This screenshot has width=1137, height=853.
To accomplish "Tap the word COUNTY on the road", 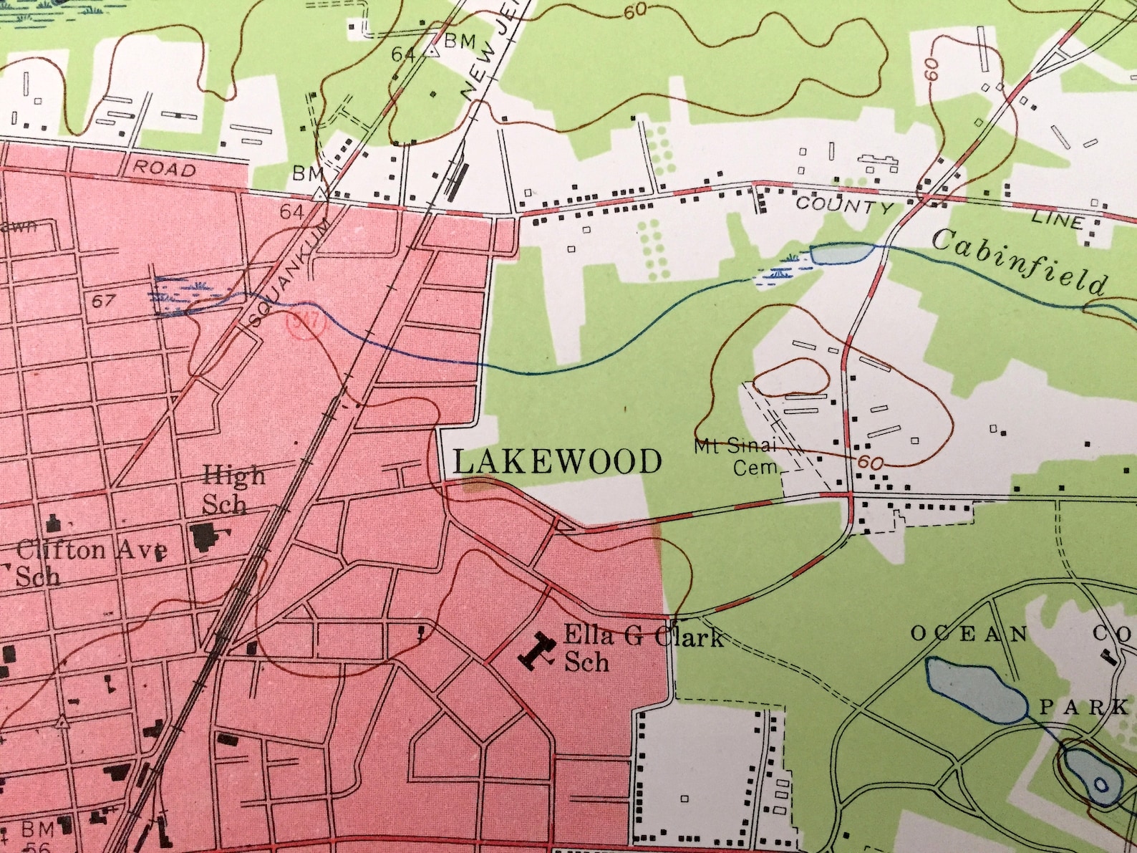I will pos(845,206).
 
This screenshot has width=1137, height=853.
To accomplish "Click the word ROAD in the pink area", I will pos(165,168).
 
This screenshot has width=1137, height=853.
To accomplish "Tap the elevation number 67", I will pos(103,300).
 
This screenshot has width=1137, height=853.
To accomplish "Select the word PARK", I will pos(1083,708).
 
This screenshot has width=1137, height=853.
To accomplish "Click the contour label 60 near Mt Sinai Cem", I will pos(870,462).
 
